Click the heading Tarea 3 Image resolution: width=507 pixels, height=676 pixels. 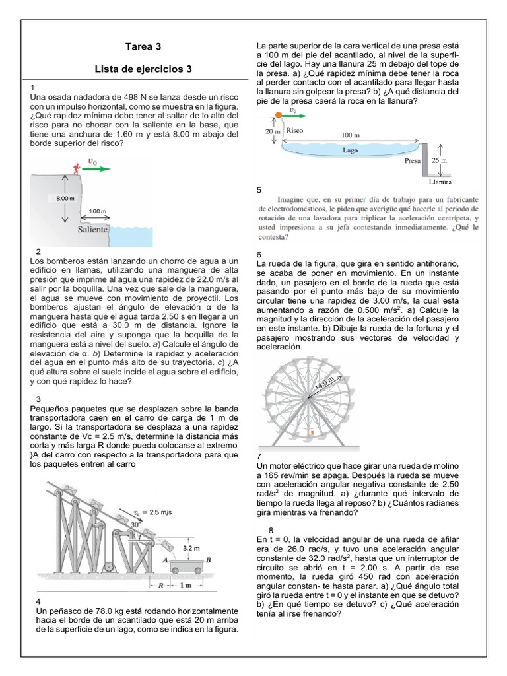tap(143, 47)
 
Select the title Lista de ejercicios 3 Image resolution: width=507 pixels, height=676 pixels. tap(143, 69)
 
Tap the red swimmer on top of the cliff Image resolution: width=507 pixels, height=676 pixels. tap(77, 169)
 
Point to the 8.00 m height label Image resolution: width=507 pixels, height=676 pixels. tap(60, 197)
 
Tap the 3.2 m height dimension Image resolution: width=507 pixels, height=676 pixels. tap(190, 547)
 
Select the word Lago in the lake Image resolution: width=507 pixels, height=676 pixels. tap(350, 151)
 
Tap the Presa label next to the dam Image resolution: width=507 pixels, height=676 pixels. tap(412, 160)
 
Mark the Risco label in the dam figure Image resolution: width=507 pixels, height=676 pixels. tap(295, 131)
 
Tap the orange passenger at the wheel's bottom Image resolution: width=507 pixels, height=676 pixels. tap(312, 433)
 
